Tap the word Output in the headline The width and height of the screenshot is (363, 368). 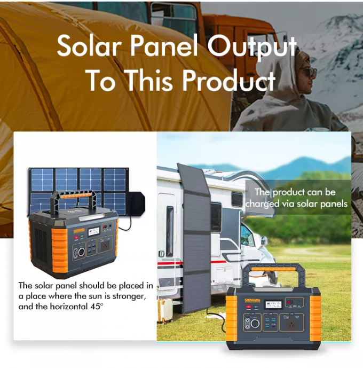coord(252,48)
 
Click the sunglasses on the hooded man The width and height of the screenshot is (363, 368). coord(308,72)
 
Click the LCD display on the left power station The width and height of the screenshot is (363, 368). coord(94,230)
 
